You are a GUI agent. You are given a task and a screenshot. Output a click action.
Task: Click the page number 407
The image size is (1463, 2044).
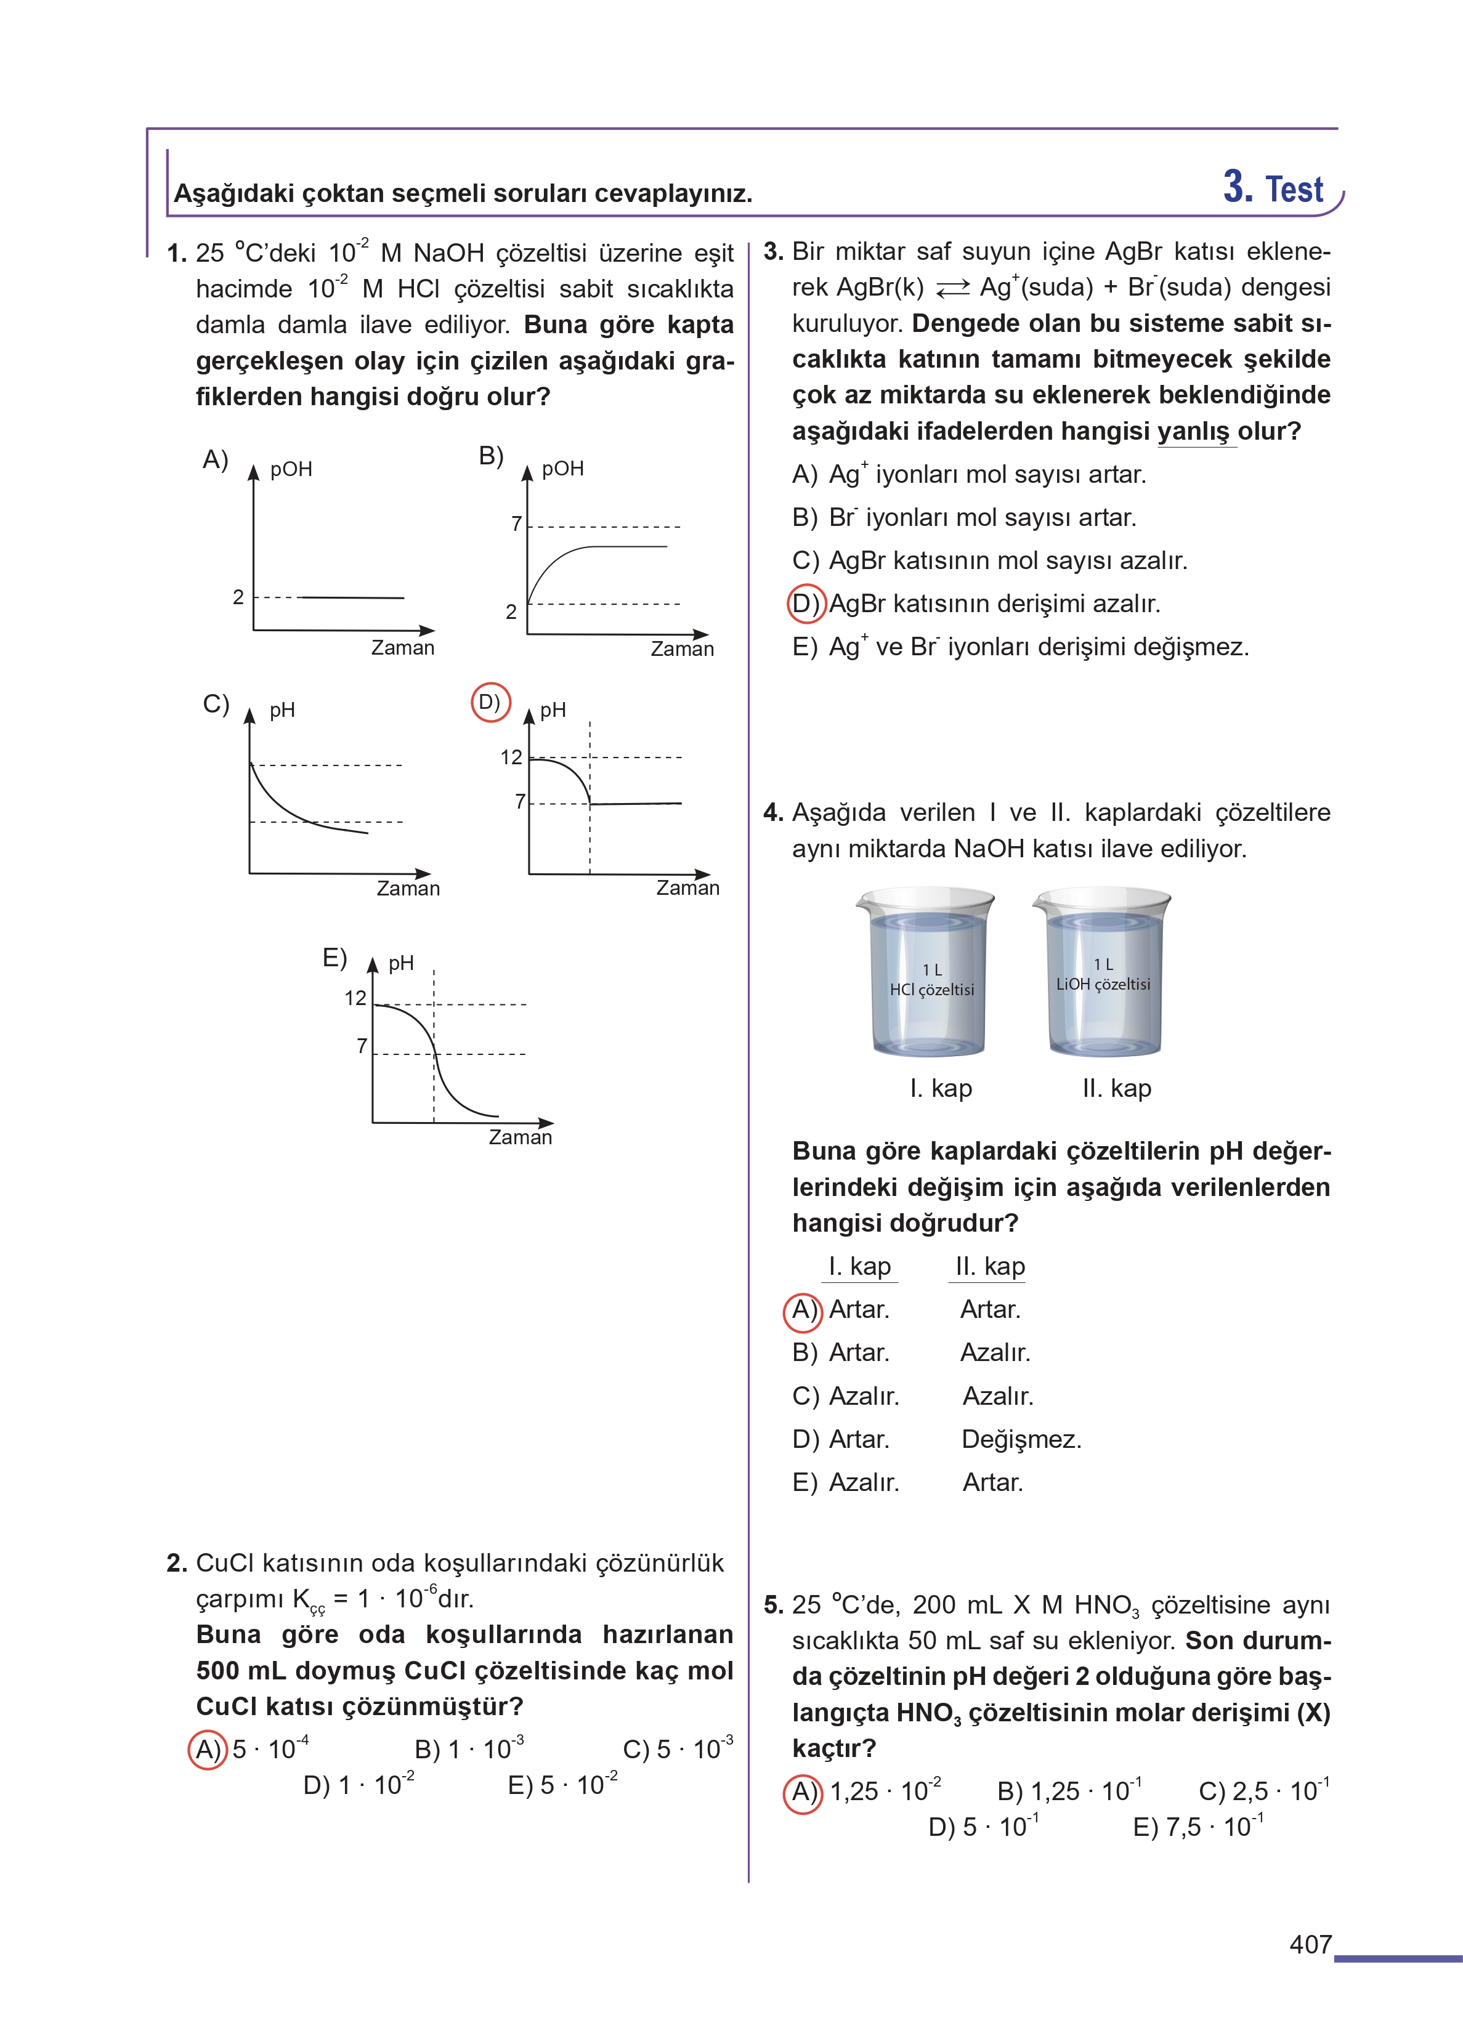coord(1310,1945)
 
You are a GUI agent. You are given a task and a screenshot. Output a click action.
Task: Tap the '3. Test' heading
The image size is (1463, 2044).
coord(1272,188)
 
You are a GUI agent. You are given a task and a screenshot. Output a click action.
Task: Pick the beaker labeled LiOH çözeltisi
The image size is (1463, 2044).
coord(1102,972)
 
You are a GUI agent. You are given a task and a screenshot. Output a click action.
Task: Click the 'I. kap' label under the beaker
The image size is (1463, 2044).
coord(941,1089)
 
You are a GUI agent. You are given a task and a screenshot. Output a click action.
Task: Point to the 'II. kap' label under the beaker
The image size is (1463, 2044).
coord(1116,1089)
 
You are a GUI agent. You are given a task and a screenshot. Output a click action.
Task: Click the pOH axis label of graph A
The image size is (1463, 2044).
coord(291,470)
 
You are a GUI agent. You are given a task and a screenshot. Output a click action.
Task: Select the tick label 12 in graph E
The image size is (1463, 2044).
coord(356,998)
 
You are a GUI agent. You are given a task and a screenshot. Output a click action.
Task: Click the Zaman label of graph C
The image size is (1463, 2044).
coord(408,889)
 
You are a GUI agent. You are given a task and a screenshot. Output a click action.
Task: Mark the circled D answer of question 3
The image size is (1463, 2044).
coord(805,604)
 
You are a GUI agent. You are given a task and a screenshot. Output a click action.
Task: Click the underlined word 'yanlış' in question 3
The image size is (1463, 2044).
coord(1196,431)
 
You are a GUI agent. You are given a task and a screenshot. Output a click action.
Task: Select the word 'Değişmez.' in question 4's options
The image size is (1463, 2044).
coord(1021,1439)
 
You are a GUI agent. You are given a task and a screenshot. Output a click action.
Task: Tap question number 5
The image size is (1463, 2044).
coord(773,1604)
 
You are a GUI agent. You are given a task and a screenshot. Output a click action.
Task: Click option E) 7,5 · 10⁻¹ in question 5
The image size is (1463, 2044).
coord(1198,1827)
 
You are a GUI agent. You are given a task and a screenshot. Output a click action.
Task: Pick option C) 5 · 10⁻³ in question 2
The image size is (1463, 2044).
coord(678,1748)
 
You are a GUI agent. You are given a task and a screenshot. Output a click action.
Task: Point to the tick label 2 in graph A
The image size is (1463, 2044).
coord(238,597)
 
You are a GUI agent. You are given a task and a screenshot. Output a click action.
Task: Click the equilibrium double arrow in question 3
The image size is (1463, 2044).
coord(952,289)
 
